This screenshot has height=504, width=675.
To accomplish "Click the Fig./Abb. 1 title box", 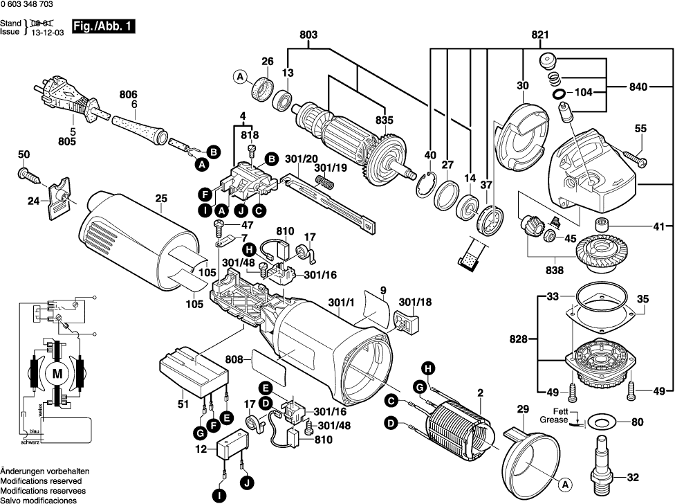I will (103, 28).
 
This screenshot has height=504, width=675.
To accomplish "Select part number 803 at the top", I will (308, 35).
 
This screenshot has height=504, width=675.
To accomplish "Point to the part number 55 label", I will (640, 129).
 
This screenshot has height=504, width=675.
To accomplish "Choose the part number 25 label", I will (161, 199).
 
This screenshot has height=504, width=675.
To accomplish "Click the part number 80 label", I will (637, 420).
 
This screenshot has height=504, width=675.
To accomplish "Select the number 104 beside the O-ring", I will (585, 91).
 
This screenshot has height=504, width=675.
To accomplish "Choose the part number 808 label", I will (234, 360).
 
